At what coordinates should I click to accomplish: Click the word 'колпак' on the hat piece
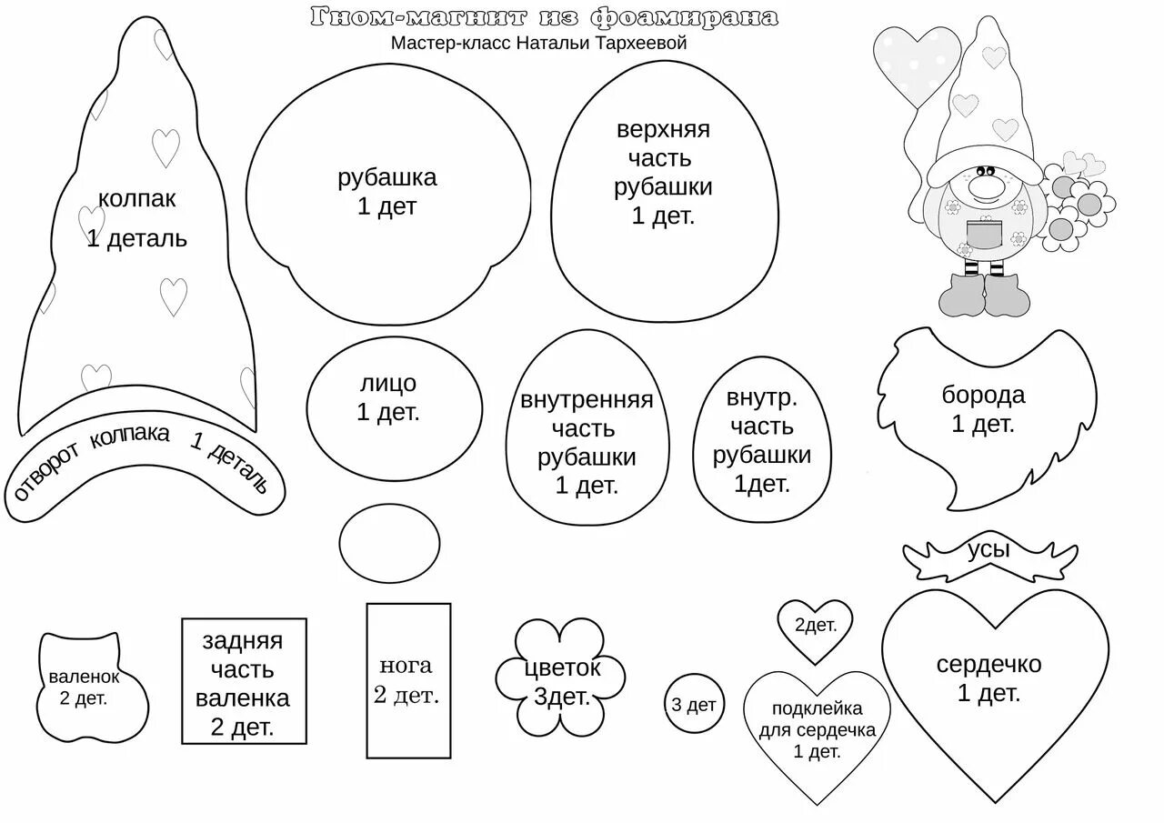[136, 199]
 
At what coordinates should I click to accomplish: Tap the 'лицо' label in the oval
[387, 384]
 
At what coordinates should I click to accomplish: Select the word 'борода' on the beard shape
[983, 395]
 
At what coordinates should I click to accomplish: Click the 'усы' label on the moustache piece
[988, 547]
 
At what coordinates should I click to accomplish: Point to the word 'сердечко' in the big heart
[988, 664]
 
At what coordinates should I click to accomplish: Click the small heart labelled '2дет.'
[815, 627]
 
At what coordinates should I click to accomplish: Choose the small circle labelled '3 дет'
[693, 705]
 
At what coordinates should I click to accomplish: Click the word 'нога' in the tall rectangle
[406, 665]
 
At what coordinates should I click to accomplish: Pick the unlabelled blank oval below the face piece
[390, 543]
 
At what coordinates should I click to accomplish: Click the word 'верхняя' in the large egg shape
[663, 129]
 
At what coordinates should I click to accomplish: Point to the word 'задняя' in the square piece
[242, 640]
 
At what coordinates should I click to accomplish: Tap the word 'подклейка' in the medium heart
[817, 708]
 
